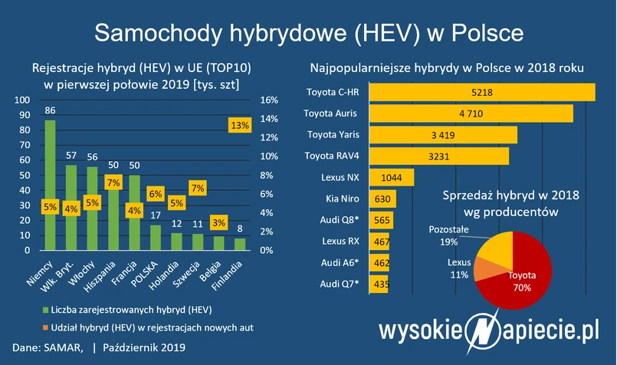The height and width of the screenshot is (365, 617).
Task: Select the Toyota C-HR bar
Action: click(x=482, y=92)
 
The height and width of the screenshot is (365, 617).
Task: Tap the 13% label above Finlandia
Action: click(x=240, y=125)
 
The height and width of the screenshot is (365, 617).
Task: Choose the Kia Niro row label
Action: click(x=342, y=199)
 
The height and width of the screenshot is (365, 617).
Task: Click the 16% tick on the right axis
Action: click(x=268, y=100)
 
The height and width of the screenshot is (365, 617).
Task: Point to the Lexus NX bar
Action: click(x=392, y=177)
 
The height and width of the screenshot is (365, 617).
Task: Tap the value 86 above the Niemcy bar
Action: click(x=50, y=110)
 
